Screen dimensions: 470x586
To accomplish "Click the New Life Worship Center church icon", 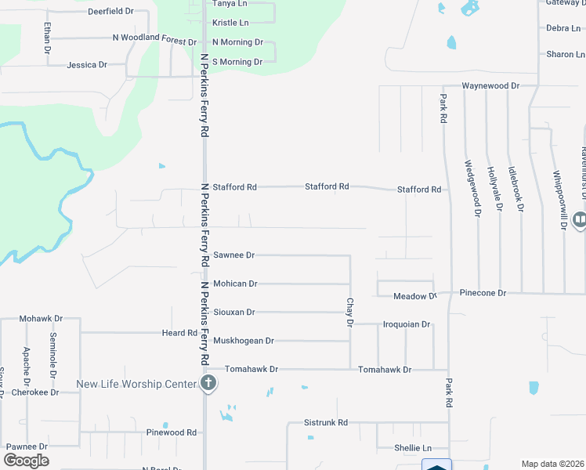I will (208, 384).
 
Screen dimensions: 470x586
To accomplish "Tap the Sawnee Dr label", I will (234, 255).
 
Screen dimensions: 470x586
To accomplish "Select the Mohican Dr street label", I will (235, 284).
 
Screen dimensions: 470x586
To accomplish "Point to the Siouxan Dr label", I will (234, 312).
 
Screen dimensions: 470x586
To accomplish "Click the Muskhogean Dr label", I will (244, 341).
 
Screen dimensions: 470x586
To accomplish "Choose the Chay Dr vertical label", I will (350, 312).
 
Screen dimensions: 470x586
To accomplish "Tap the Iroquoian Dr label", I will (407, 324).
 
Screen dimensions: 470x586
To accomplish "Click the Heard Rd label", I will (179, 333).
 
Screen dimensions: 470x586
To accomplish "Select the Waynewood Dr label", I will (490, 85).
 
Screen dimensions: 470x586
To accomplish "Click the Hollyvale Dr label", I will (492, 189).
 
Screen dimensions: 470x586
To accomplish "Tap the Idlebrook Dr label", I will (514, 189).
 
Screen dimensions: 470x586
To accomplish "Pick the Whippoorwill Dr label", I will (559, 199).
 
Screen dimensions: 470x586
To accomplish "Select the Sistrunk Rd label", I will (325, 423).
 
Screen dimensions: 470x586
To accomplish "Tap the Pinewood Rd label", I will (171, 432).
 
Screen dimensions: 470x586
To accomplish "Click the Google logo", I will (26, 461).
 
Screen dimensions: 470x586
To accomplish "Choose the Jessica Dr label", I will (87, 65).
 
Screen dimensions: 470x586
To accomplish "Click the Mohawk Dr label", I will (40, 320).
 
